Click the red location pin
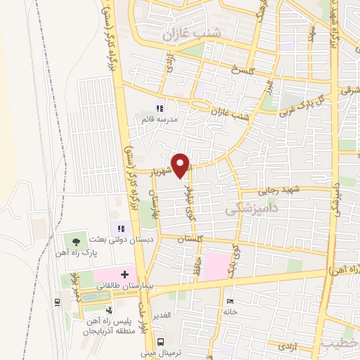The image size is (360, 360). click(x=181, y=165)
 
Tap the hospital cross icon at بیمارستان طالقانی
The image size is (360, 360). click(x=124, y=274)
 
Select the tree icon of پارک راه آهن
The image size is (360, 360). click(x=76, y=241)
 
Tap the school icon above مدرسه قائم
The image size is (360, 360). click(x=160, y=108)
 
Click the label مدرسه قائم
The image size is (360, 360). click(x=157, y=120)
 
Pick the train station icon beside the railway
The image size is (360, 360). click(x=56, y=302)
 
